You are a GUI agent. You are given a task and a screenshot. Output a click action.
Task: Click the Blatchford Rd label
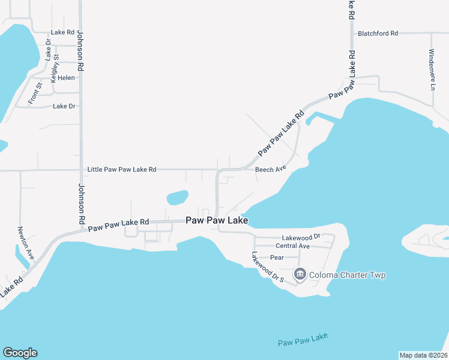(378, 34)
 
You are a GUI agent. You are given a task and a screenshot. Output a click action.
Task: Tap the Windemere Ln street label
(432, 70)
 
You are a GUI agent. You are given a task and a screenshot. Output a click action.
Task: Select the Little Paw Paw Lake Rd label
(122, 170)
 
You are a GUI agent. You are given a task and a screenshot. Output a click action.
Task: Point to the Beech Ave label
(270, 170)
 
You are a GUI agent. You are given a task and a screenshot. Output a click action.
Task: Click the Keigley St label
(55, 68)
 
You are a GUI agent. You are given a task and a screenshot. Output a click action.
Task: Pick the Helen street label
(66, 78)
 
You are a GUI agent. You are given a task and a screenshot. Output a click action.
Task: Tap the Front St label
(35, 94)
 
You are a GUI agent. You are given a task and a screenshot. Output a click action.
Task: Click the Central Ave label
(292, 246)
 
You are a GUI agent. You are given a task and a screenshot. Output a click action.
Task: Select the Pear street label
(276, 257)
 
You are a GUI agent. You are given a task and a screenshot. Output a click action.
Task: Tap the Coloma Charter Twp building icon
(300, 275)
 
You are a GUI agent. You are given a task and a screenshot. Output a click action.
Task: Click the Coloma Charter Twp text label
(347, 275)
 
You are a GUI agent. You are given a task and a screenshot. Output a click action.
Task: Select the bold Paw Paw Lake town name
(217, 221)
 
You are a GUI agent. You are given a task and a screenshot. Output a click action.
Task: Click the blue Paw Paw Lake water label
(303, 340)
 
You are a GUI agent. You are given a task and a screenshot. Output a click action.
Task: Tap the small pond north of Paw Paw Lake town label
(177, 197)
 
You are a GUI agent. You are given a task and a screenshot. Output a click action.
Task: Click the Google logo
(20, 353)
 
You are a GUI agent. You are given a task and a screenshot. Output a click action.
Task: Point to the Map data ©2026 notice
(423, 355)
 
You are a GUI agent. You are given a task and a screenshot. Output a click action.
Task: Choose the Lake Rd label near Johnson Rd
(62, 32)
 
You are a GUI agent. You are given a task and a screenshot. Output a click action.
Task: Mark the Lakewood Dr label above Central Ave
(304, 236)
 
